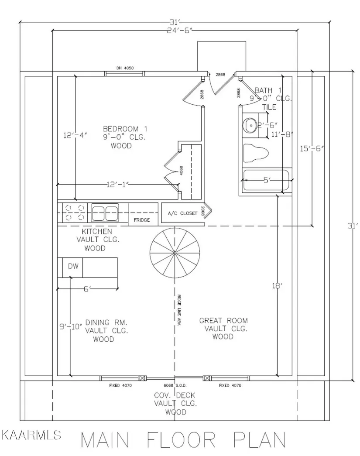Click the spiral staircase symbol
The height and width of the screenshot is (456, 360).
click(x=174, y=252)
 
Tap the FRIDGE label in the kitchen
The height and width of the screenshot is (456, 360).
click(x=142, y=220)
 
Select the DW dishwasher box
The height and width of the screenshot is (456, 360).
click(x=73, y=266)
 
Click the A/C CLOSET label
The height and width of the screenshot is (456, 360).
click(x=183, y=214)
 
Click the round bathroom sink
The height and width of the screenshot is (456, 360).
click(x=250, y=126)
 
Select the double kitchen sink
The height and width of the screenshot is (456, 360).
click(x=105, y=213)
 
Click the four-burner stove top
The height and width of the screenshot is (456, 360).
click(x=75, y=212)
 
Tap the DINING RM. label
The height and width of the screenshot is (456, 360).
click(x=106, y=322)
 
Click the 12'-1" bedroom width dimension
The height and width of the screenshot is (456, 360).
click(x=118, y=185)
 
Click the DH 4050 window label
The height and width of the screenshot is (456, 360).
click(x=124, y=68)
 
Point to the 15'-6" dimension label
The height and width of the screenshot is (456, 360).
click(x=312, y=148)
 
